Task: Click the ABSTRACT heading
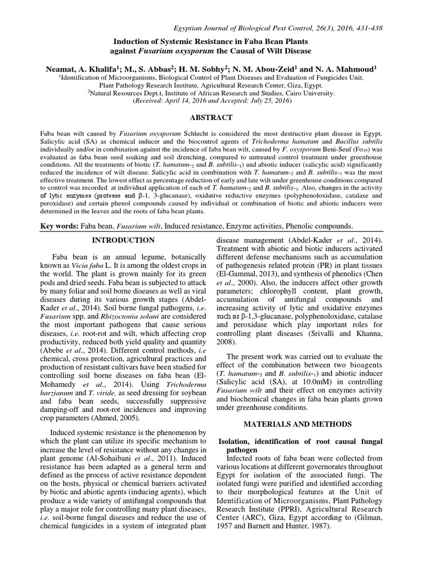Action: coord(211,117)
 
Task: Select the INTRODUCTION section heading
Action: coord(122,240)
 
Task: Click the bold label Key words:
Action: coord(61,227)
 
